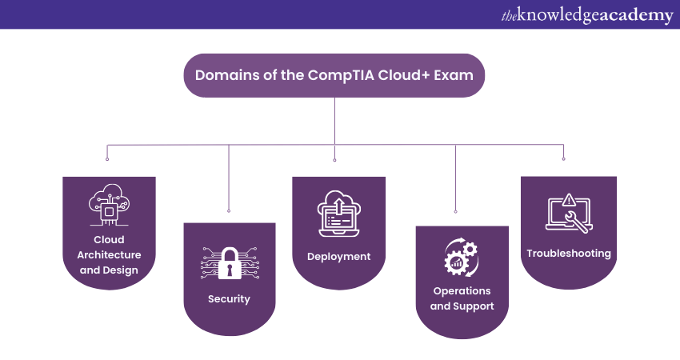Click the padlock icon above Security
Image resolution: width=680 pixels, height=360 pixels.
coord(229,262)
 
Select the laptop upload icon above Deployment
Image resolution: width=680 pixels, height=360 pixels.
coord(338,214)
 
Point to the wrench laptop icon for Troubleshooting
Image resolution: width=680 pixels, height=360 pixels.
coord(568,213)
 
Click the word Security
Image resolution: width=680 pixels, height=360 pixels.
coord(229,299)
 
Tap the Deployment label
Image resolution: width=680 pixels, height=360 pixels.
coord(338,257)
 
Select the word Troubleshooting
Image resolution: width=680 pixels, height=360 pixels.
coord(568,254)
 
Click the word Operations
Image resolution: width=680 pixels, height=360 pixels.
coord(462,290)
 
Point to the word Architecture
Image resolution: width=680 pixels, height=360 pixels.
coord(110,254)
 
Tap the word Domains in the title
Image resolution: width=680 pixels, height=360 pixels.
coord(220,75)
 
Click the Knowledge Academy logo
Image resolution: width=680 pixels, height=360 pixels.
coord(586,15)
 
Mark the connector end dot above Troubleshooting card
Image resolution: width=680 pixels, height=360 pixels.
coord(564,159)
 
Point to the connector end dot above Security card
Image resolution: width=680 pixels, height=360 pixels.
coord(229,210)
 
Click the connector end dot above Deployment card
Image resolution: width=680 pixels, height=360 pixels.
coord(334,159)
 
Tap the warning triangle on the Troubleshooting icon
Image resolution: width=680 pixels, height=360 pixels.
coord(569,200)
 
